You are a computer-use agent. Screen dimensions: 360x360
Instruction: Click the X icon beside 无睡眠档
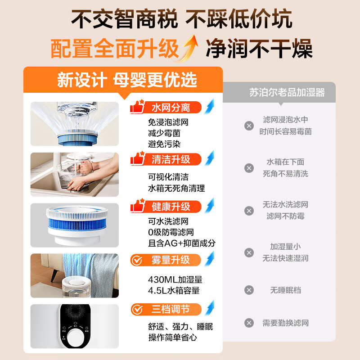click(249, 290)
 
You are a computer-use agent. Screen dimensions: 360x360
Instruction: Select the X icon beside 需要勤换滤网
click(249, 323)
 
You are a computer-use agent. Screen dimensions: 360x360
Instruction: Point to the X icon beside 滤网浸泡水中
click(249, 126)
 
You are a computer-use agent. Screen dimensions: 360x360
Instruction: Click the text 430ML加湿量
click(175, 279)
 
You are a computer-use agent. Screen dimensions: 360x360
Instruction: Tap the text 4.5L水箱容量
click(174, 290)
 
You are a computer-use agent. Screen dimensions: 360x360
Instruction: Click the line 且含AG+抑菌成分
click(182, 243)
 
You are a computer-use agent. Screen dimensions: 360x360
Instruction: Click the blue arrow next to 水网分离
click(209, 107)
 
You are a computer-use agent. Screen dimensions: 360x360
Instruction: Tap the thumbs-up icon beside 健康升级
click(137, 206)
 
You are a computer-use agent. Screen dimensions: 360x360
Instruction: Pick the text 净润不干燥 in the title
click(259, 49)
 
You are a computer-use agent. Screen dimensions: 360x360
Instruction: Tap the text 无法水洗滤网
click(285, 204)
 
